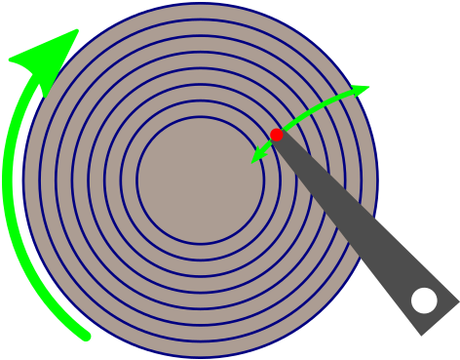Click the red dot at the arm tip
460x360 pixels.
tap(277, 135)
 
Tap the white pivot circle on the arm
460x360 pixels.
tap(424, 300)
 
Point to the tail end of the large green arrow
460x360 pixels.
tap(86, 337)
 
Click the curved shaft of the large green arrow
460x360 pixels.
tap(14, 195)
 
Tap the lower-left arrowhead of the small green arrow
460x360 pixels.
tap(257, 155)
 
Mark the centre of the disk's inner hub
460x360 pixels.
tap(200, 180)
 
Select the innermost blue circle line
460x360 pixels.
tap(137, 180)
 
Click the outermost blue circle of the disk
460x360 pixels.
tap(23, 180)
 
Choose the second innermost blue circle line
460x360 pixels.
tap(121, 180)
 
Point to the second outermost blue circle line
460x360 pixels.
tap(40, 180)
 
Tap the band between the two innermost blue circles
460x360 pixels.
tap(129, 180)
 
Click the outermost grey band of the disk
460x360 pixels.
tap(31, 180)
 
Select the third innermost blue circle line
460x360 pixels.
tap(104, 180)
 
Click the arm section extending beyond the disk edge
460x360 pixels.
tap(400, 273)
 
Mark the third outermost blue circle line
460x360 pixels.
tap(56, 180)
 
